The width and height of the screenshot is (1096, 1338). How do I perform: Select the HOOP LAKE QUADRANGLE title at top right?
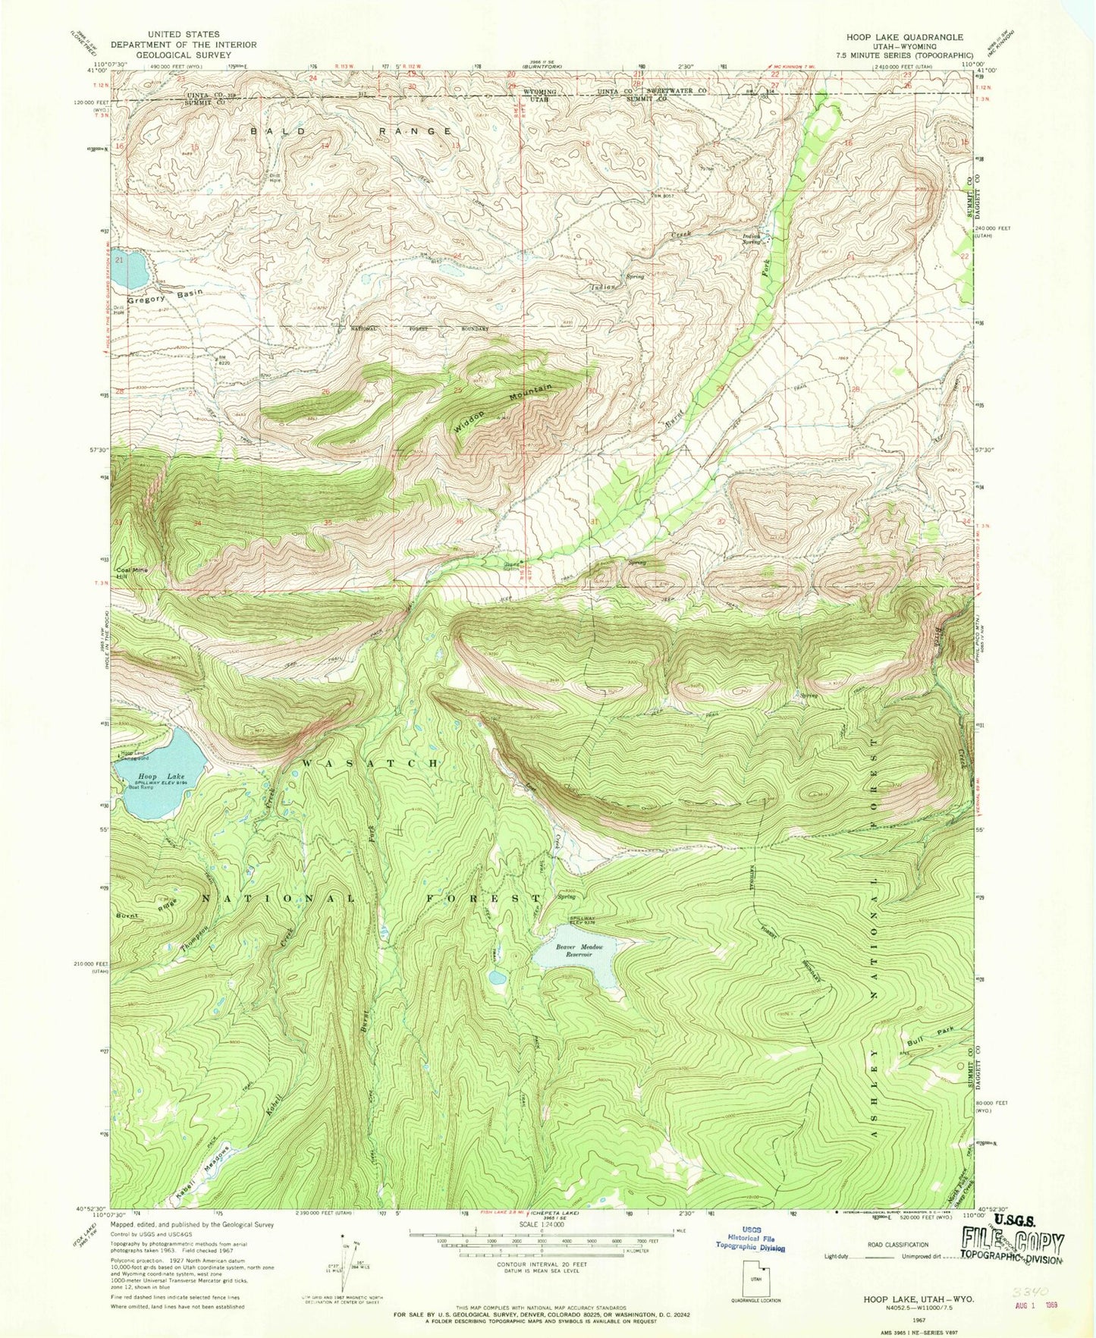904,36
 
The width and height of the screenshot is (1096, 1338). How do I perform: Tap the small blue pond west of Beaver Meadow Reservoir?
497,978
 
